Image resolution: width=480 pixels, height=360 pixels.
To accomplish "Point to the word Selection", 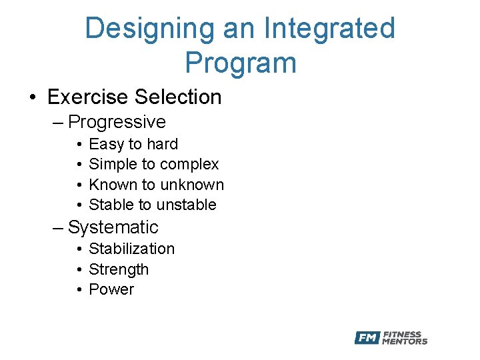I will tap(177, 97).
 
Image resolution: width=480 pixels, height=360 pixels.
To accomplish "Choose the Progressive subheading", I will tap(117, 122).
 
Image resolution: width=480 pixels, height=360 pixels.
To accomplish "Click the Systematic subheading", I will tap(113, 227).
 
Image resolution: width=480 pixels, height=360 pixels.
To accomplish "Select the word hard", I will tap(162, 145).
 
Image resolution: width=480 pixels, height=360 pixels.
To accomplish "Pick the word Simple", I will tap(113, 165).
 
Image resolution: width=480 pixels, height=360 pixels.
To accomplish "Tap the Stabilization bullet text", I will tap(131, 249).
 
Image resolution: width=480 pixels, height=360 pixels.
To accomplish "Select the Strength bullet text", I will tap(119, 269).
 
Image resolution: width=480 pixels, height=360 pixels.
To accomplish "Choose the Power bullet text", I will tap(111, 289).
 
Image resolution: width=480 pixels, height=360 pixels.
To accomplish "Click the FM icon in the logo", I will tap(367, 338).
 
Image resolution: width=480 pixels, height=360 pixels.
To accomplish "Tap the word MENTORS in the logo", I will tap(405, 342).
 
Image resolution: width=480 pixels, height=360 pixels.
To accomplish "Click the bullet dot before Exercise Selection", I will tap(33, 98).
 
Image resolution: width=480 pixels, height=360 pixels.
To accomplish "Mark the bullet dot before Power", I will tap(79, 290).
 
